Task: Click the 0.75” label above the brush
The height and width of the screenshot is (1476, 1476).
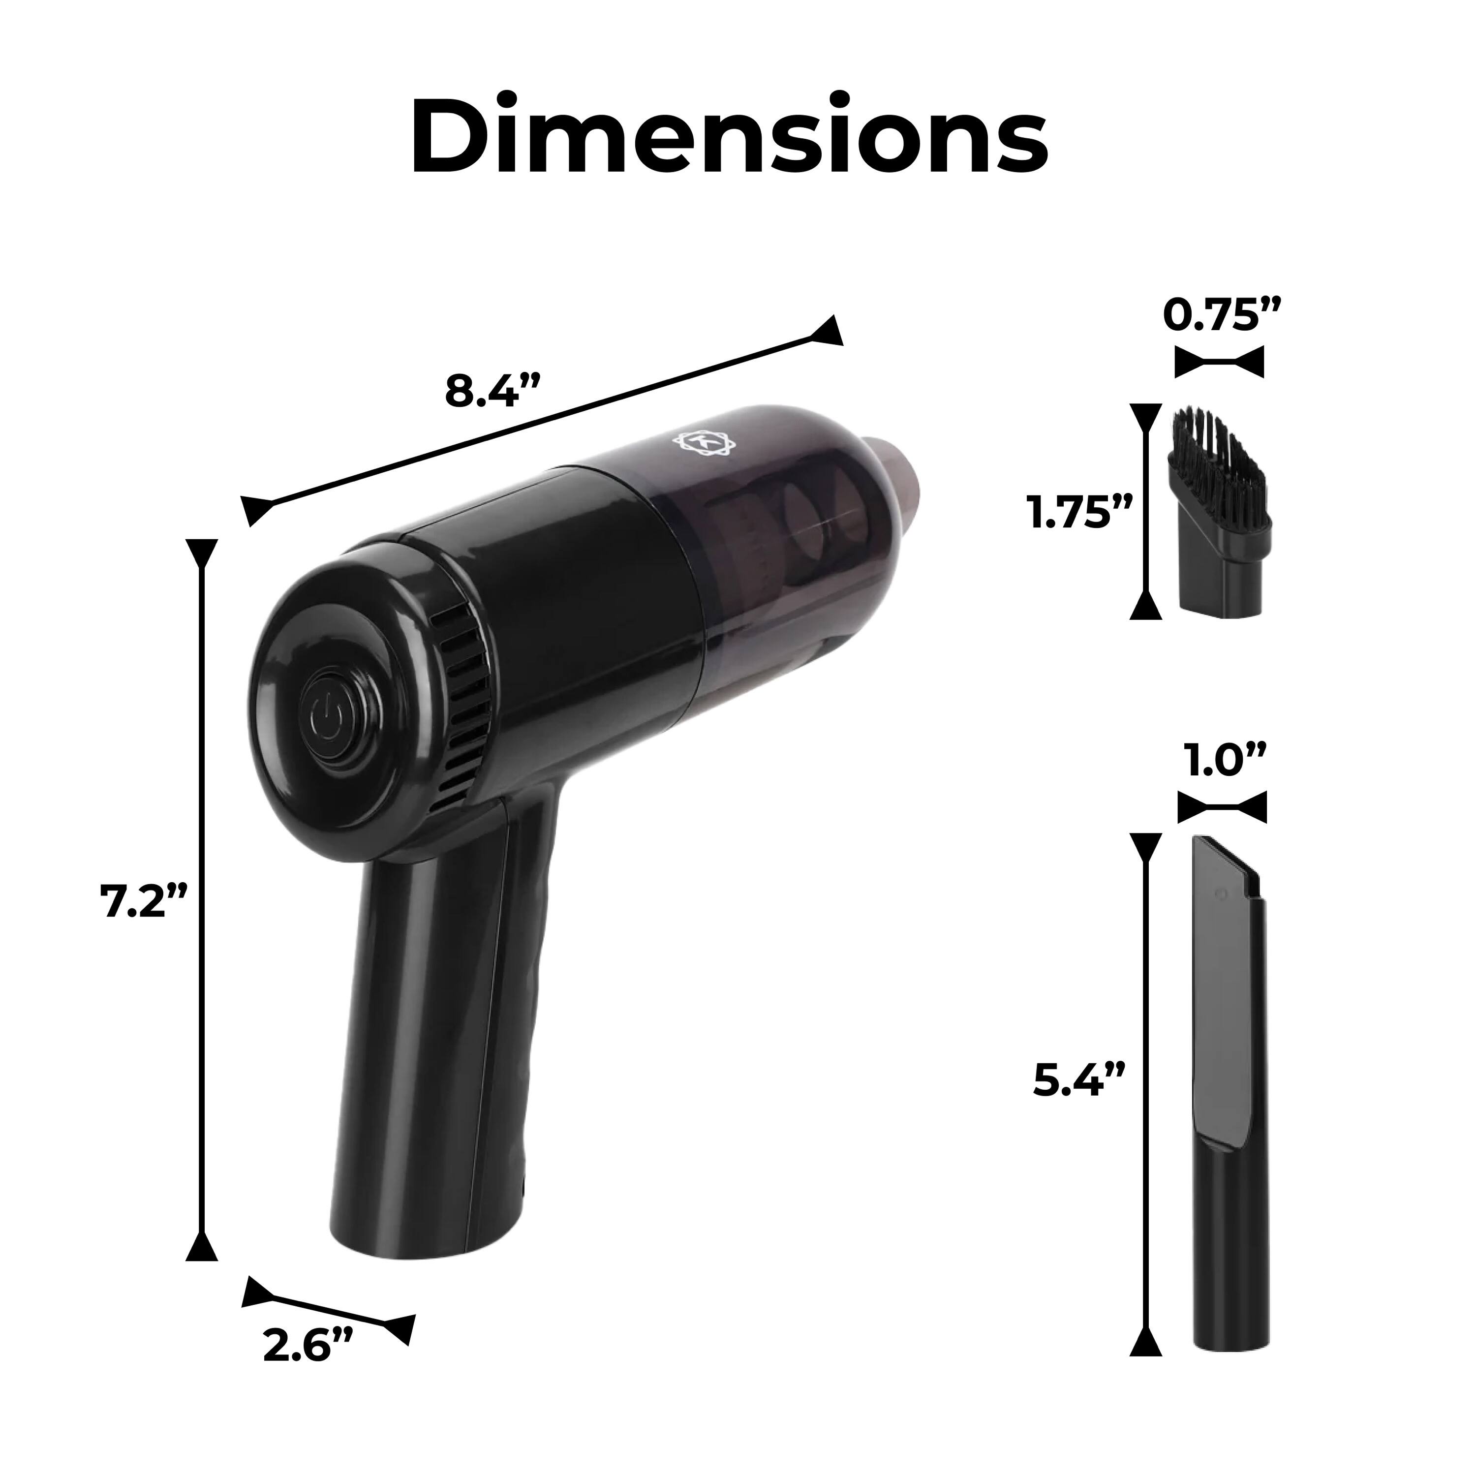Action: coord(1220,315)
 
